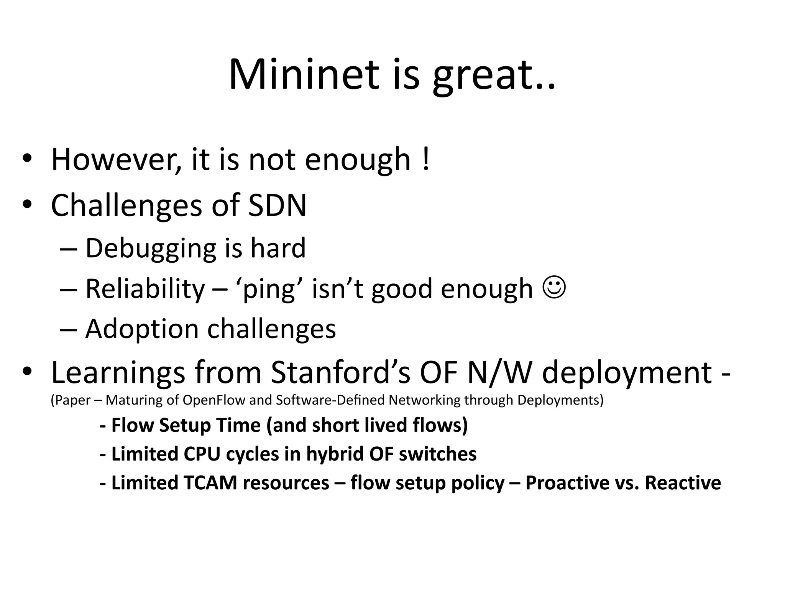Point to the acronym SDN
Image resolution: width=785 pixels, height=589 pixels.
point(277,205)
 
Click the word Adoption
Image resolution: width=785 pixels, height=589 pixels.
point(141,329)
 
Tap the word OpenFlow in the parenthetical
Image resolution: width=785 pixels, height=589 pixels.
point(214,400)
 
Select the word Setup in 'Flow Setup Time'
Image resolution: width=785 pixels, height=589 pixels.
point(185,425)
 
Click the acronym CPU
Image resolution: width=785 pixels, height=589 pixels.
point(202,454)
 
